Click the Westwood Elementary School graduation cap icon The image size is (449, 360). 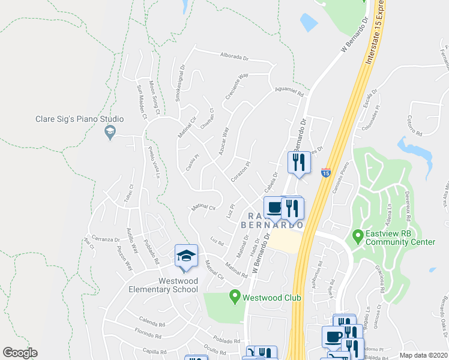pyautogui.click(x=186, y=256)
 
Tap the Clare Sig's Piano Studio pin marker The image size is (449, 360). pyautogui.click(x=109, y=132)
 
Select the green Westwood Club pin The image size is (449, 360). pyautogui.click(x=235, y=296)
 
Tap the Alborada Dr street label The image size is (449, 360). pyautogui.click(x=234, y=56)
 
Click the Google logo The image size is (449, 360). pyautogui.click(x=19, y=353)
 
